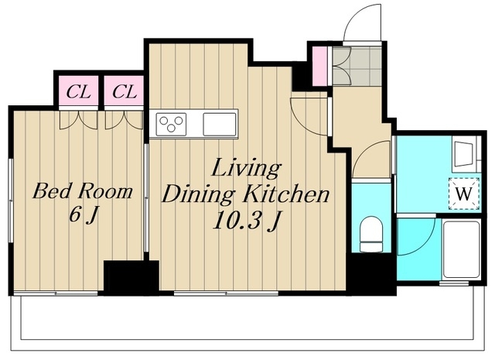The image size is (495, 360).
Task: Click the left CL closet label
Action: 78,92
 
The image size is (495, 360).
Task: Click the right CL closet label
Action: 125,92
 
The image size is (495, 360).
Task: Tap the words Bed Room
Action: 83,191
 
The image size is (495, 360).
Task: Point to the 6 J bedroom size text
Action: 83,217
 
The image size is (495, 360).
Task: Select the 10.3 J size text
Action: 247,221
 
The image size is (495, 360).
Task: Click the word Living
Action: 246,169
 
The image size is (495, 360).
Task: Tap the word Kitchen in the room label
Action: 286,194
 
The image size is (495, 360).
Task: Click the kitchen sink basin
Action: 220,124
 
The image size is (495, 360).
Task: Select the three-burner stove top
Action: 171,124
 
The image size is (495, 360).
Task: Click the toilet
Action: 371,234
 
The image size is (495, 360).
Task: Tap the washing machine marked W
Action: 464,194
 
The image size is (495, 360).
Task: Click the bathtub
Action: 461,250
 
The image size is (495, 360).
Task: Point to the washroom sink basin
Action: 463,153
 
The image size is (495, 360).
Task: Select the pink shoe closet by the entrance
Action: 319,66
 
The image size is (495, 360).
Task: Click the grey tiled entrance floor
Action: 357,67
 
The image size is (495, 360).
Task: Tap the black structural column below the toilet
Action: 372,274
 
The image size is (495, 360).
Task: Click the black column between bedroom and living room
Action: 131,278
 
